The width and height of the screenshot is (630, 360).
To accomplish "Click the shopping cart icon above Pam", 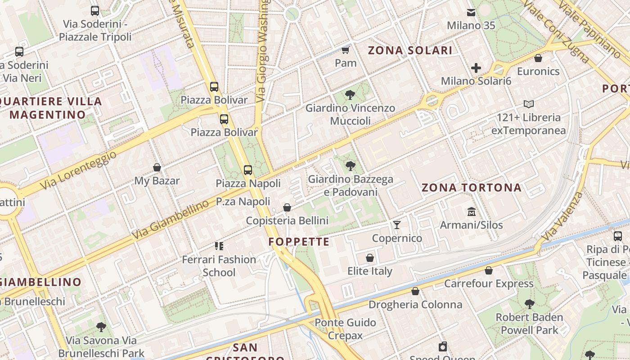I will point(346,50).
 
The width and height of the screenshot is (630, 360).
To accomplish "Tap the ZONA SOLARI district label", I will point(410,50).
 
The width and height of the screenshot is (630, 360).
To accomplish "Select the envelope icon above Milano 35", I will point(471,13).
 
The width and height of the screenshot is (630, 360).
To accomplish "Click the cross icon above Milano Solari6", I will point(476,68).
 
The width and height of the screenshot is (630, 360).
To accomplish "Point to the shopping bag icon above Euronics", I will point(538,58).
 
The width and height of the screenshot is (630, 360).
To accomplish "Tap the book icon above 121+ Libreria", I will point(529,104).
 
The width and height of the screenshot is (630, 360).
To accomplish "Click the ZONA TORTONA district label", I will point(471,188).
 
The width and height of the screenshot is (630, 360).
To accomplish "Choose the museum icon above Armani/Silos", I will point(472,211).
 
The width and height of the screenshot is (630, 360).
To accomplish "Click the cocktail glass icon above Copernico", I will point(397,225).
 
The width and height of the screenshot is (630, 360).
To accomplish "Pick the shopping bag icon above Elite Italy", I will point(370,258).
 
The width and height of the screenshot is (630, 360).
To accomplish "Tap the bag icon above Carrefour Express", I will point(489,270).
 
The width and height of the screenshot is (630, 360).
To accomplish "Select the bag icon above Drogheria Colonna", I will point(415,291).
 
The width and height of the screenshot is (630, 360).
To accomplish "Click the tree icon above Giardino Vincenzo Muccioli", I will point(350,95).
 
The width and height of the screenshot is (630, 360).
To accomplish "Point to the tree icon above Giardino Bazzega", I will point(350,166).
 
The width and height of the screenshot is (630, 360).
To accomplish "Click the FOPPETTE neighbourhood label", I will point(299,242).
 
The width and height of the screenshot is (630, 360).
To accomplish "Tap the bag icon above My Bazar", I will point(157,168).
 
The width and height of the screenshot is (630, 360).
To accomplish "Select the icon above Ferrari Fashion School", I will point(219,246).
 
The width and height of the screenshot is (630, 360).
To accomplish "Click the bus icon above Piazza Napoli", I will point(248,170).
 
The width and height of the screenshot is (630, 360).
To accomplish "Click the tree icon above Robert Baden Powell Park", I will point(530,304).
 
